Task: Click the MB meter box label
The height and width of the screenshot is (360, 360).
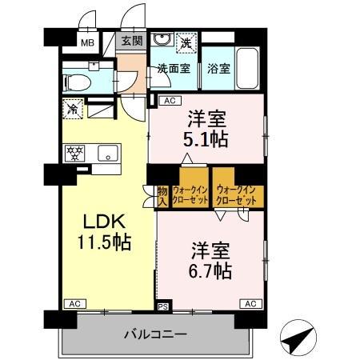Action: click(x=85, y=43)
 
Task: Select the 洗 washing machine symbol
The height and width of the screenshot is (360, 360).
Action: click(x=185, y=42)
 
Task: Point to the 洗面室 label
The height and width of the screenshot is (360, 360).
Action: click(x=173, y=68)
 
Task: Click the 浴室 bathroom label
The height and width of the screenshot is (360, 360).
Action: click(x=219, y=68)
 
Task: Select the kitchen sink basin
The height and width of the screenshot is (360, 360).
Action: click(x=107, y=151)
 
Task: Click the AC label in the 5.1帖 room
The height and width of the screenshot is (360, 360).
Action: click(x=168, y=101)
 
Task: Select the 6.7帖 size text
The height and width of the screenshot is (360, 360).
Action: click(x=210, y=270)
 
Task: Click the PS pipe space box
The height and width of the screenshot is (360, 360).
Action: click(x=163, y=305)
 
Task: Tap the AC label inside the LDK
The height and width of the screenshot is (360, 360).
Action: click(x=74, y=304)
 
